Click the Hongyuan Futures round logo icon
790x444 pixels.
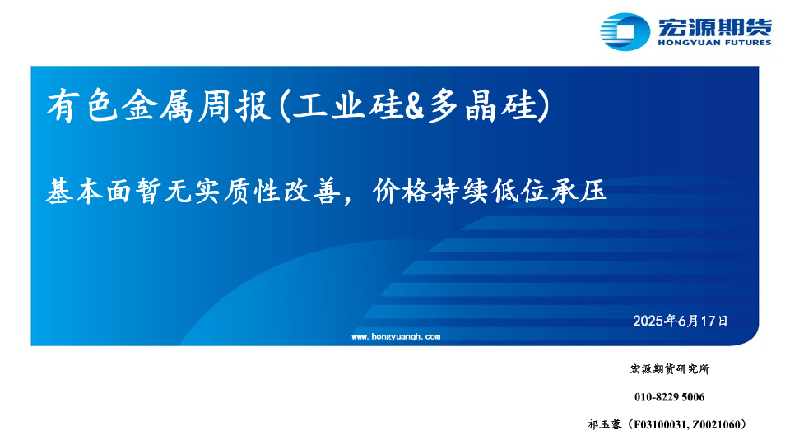point(625,31)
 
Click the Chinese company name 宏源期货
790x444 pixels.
point(714,26)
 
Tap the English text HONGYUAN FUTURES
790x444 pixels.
point(714,43)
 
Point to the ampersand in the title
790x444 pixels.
point(415,106)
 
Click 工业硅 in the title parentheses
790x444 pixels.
point(348,106)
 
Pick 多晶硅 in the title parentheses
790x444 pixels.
point(482,106)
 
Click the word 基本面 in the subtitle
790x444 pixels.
point(90,192)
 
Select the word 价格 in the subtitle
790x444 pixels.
point(401,192)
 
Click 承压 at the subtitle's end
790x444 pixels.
point(579,192)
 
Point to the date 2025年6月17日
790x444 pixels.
point(681,321)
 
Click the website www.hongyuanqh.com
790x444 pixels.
point(396,337)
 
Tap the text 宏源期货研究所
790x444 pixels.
point(670,369)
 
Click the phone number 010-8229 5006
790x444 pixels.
point(670,397)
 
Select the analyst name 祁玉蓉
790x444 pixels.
point(605,424)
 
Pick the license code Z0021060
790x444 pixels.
point(716,425)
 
